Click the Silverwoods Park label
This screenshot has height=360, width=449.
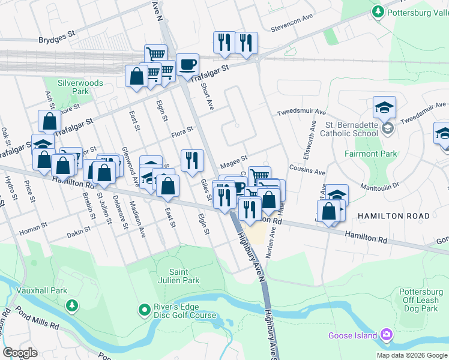[x=80, y=87]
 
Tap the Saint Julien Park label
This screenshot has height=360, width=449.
[x=184, y=275]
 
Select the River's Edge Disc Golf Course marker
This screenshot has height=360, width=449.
[x=144, y=310]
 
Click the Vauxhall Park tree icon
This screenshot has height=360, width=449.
[x=72, y=306]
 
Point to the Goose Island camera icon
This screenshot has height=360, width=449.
[x=387, y=334]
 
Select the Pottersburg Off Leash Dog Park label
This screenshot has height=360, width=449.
[x=420, y=300]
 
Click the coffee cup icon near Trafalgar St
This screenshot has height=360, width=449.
[x=187, y=64]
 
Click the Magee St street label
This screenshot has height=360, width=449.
[x=234, y=158]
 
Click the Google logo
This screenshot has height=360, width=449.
[x=20, y=353]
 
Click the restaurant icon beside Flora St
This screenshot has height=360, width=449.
[x=192, y=160]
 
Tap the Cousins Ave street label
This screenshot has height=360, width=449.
[x=307, y=169]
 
